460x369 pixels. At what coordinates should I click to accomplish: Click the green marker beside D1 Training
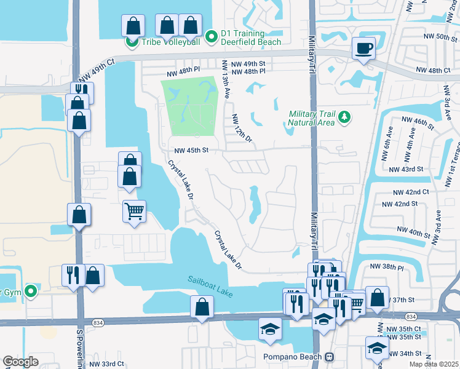coord(212,38)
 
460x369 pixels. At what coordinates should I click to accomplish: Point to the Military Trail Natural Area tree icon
coord(344,117)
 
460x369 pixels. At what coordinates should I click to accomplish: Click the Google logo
coord(20,362)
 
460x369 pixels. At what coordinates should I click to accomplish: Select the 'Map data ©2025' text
coord(434,364)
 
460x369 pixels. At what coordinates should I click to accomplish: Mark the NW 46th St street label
coord(418,121)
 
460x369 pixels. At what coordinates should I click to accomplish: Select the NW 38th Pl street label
coord(387,268)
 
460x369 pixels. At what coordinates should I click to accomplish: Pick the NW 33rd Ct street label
coord(106,364)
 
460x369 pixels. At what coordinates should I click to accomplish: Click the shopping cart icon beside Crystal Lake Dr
coord(134,212)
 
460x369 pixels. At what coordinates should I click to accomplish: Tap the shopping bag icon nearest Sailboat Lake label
coord(202,307)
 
